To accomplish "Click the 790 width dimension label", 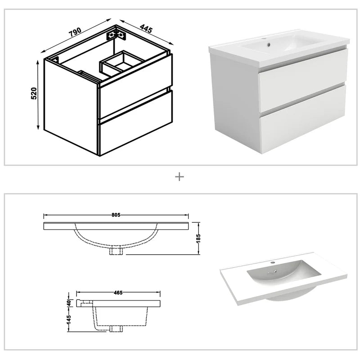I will [x=75, y=32].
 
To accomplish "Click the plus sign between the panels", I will [x=180, y=177].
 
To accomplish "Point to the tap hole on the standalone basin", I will [x=272, y=261].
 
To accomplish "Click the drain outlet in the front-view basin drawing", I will [x=117, y=251].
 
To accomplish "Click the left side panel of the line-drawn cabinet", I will [x=71, y=103].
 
